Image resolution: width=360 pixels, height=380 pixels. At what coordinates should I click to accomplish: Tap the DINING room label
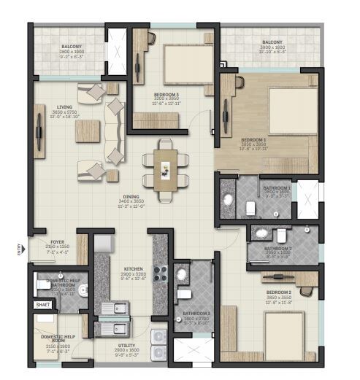pyautogui.click(x=131, y=196)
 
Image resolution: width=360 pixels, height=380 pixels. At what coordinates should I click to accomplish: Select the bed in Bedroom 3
pyautogui.click(x=183, y=60)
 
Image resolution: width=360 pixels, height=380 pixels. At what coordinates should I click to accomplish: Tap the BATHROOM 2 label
pyautogui.click(x=277, y=248)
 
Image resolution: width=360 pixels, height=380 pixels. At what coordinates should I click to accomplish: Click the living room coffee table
pyautogui.click(x=88, y=129)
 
